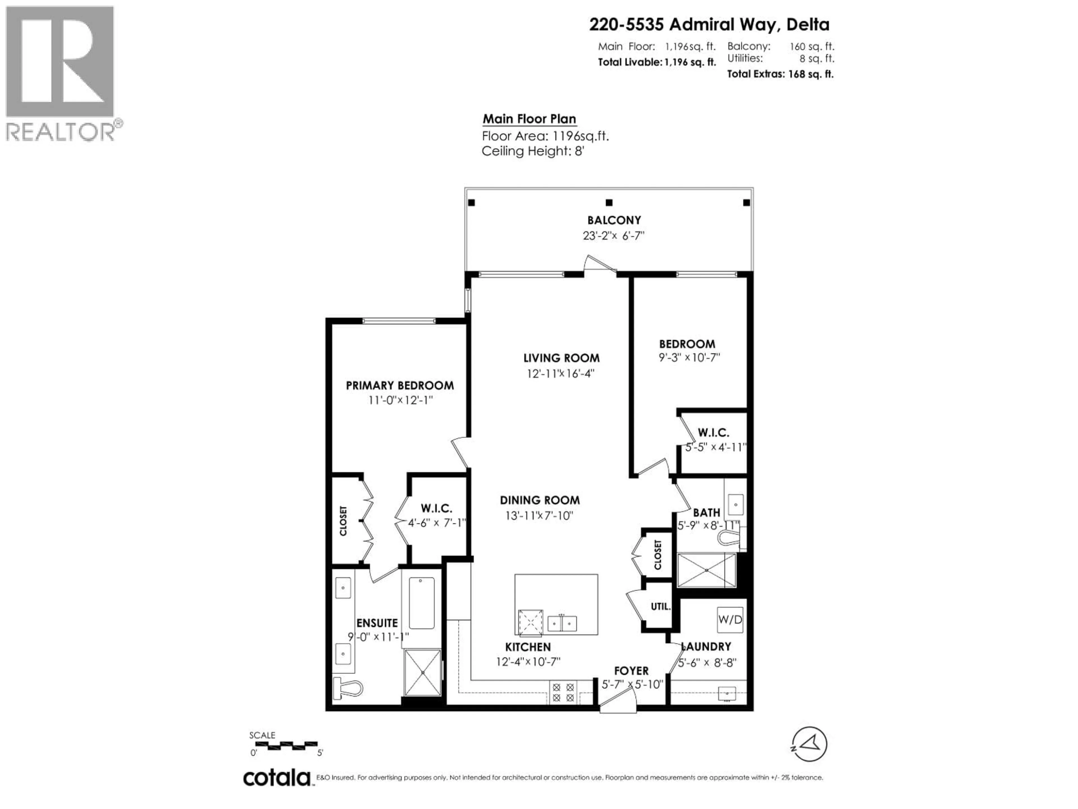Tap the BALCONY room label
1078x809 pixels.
coord(614,221)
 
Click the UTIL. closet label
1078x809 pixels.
coord(660,607)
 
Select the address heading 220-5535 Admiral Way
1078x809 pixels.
coord(709,24)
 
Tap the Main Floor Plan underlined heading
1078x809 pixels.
coord(529,119)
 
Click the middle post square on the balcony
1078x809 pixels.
coord(609,202)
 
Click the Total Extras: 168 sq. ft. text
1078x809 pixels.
coord(780,74)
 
